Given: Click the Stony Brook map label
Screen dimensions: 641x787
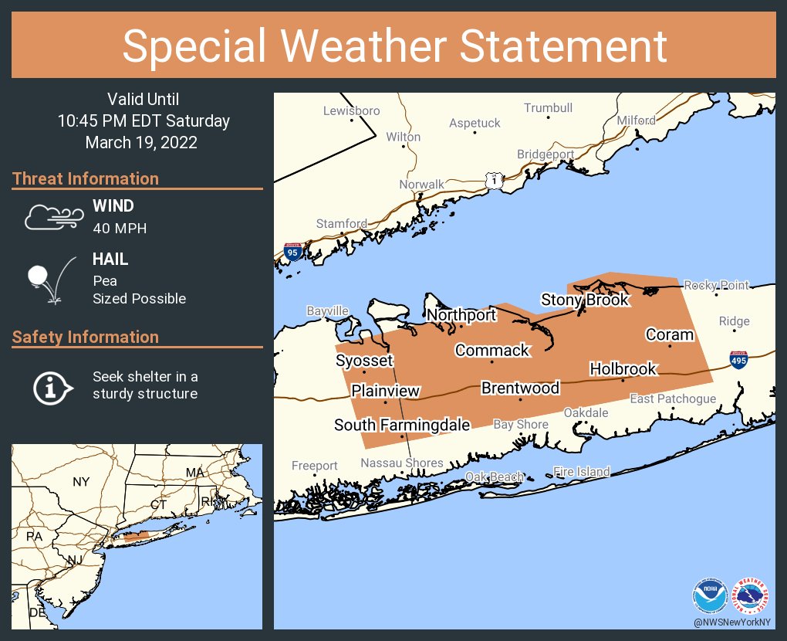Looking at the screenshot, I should (x=585, y=300).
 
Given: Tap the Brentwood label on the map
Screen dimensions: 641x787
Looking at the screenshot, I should (x=520, y=388).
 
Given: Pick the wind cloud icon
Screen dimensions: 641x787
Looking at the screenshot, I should (x=52, y=218).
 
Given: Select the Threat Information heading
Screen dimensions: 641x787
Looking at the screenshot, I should (x=86, y=178).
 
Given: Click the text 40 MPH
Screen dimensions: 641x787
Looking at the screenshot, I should (x=120, y=228).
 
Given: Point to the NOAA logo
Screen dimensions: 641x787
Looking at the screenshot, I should (x=710, y=596).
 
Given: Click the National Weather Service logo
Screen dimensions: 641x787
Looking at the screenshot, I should (x=750, y=596).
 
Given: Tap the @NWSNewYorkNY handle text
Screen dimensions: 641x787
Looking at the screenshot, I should (x=730, y=622).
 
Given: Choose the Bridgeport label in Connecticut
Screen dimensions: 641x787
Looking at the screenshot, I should (x=545, y=154).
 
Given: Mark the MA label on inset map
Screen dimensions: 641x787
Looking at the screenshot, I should (x=194, y=472).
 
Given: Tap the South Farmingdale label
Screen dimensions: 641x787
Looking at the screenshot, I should (x=401, y=425).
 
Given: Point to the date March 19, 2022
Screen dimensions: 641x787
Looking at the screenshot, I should (x=141, y=142).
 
